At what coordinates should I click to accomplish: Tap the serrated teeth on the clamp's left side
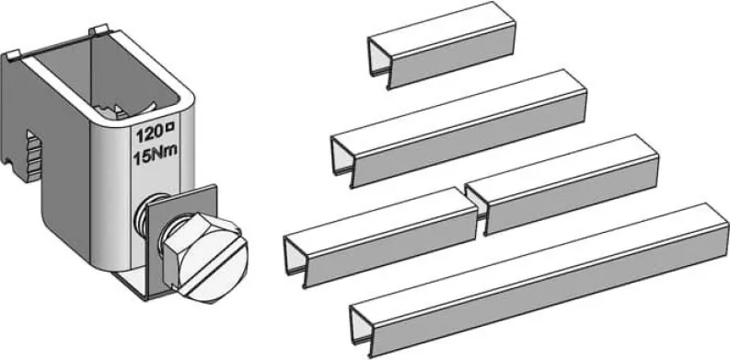click(32, 155)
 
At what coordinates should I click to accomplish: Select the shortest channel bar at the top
click(442, 45)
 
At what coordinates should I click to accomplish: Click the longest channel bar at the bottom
click(539, 281)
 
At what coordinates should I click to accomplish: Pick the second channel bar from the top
click(459, 129)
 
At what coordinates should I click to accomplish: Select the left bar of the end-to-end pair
click(381, 238)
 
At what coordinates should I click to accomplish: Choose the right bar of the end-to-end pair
click(562, 184)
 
